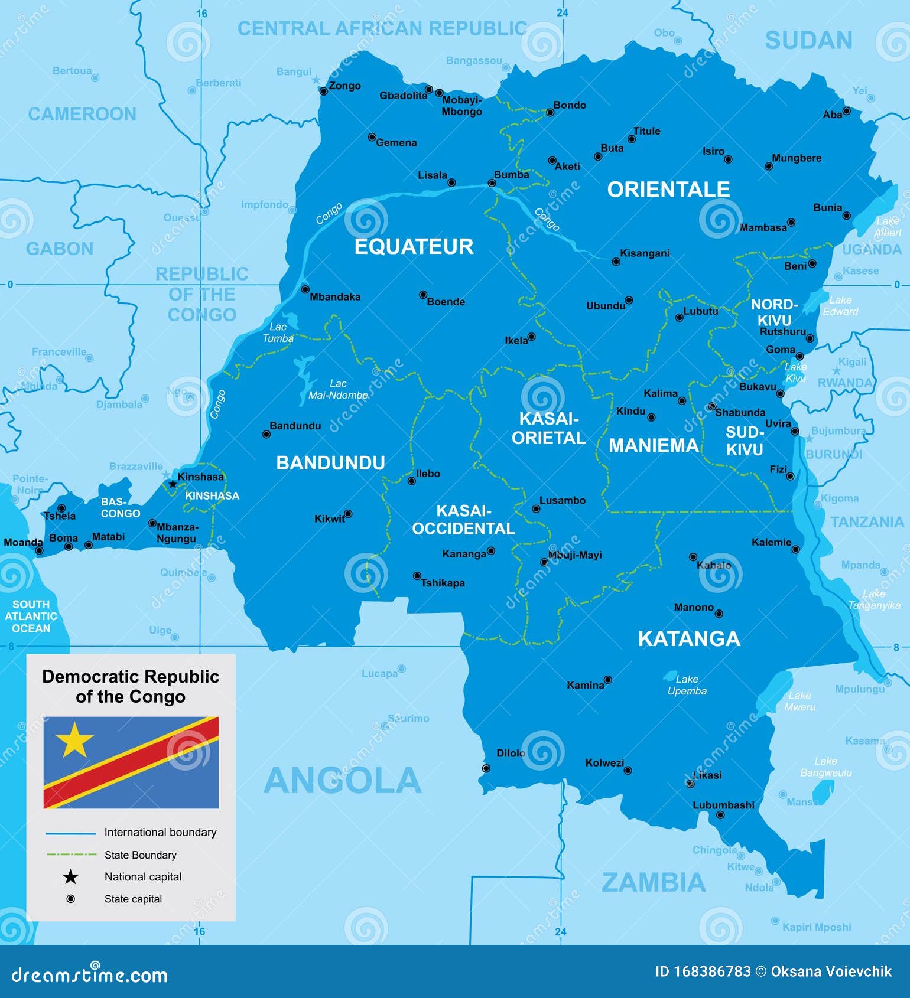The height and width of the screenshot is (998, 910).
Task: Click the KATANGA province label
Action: click(x=688, y=638)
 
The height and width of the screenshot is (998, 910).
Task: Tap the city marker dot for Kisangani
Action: click(x=616, y=261)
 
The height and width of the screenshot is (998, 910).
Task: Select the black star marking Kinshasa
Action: click(x=172, y=484)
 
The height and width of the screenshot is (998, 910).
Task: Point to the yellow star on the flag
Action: click(x=74, y=739)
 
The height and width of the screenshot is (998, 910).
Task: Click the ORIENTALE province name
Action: click(x=668, y=190)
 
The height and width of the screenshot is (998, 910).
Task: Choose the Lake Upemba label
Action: click(x=687, y=685)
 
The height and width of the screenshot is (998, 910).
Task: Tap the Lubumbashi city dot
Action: click(x=720, y=815)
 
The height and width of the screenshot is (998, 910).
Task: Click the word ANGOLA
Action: click(x=342, y=781)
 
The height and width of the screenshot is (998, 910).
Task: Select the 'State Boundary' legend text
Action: click(x=141, y=855)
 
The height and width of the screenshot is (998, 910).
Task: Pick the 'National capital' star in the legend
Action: click(x=70, y=877)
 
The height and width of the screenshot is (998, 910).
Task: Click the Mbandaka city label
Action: click(x=335, y=297)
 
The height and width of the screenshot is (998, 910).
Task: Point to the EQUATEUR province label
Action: click(x=414, y=247)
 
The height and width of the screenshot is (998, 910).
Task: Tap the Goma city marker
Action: click(x=799, y=356)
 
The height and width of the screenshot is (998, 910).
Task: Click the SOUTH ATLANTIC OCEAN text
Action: click(x=31, y=617)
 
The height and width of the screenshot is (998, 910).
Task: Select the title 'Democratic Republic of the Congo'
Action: click(x=131, y=686)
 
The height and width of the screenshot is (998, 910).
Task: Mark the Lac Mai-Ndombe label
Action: click(x=338, y=389)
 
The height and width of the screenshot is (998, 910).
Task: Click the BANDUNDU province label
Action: click(x=330, y=462)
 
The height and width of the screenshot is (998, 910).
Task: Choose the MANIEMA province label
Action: click(x=653, y=445)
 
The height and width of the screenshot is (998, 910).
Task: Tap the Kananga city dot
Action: click(x=490, y=551)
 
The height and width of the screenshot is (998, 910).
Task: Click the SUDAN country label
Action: click(x=808, y=41)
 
